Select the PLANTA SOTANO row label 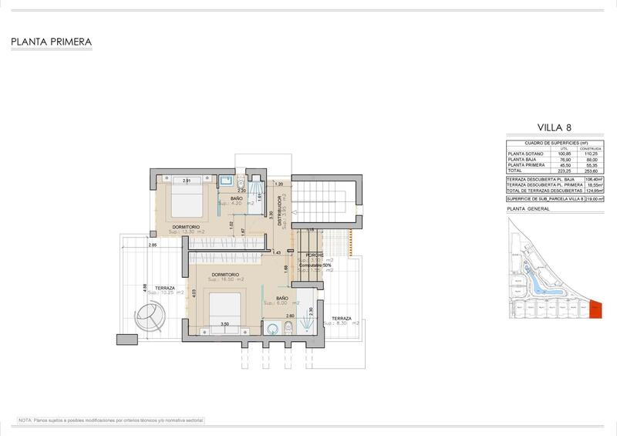(525, 154)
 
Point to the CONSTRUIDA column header (591, 148)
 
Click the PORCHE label (315, 255)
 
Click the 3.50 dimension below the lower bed (224, 325)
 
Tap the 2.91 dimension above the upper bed (187, 181)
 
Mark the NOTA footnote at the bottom (110, 421)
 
